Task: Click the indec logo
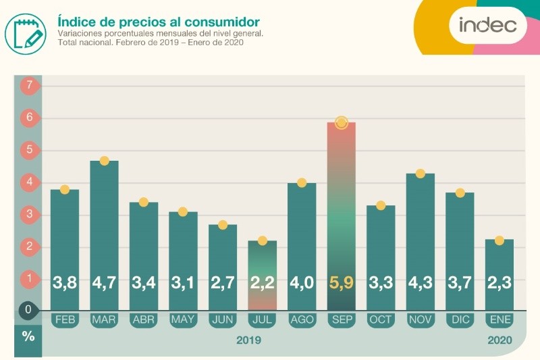click(x=487, y=25)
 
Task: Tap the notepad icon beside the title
click(x=26, y=31)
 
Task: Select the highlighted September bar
click(x=341, y=203)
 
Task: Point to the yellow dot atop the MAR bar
click(x=104, y=161)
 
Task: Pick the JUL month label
click(x=262, y=319)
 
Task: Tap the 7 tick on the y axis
click(x=28, y=86)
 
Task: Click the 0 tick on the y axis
click(x=28, y=311)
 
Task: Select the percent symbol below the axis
click(x=28, y=336)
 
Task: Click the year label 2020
click(x=500, y=340)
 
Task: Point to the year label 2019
click(x=248, y=340)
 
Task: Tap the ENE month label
click(x=499, y=319)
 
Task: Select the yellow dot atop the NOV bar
click(x=420, y=174)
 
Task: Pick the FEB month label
click(x=65, y=319)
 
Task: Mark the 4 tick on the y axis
click(x=28, y=182)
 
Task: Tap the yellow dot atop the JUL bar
click(x=262, y=240)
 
